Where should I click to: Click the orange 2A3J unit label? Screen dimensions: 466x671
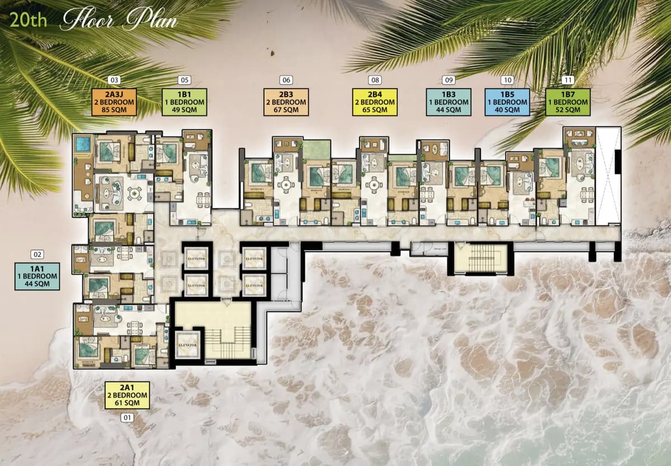pyautogui.click(x=115, y=102)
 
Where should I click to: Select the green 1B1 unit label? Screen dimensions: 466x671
pyautogui.click(x=184, y=102)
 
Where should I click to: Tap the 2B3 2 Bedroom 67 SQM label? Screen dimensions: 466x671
pyautogui.click(x=286, y=102)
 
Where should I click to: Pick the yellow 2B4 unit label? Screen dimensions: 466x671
pyautogui.click(x=375, y=102)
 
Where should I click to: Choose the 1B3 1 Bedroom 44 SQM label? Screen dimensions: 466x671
pyautogui.click(x=448, y=102)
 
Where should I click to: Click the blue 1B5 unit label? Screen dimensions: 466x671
pyautogui.click(x=507, y=102)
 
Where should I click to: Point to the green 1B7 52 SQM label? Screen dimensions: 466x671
pyautogui.click(x=568, y=102)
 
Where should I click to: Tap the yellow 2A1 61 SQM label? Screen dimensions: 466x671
pyautogui.click(x=127, y=395)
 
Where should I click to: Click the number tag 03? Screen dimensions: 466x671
pyautogui.click(x=115, y=80)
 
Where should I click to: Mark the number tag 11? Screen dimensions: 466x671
pyautogui.click(x=569, y=80)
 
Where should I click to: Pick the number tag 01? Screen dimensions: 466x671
pyautogui.click(x=127, y=417)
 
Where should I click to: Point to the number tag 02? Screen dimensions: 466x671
pyautogui.click(x=37, y=255)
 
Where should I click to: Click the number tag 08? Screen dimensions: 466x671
pyautogui.click(x=375, y=80)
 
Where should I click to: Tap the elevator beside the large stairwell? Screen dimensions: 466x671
pyautogui.click(x=187, y=345)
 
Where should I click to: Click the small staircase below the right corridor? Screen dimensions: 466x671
pyautogui.click(x=481, y=258)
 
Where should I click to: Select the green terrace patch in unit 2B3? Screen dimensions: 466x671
pyautogui.click(x=316, y=150)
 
